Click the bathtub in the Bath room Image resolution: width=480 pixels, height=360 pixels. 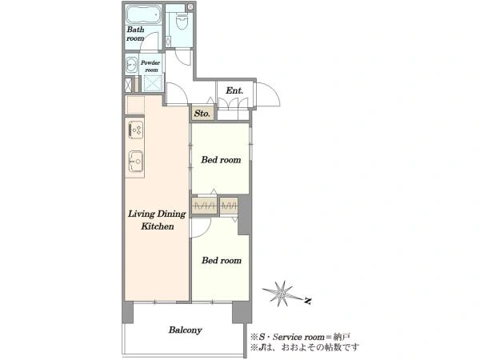click(143, 14)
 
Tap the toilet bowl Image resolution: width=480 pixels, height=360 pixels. click(182, 22)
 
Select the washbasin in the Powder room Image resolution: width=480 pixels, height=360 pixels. click(132, 65)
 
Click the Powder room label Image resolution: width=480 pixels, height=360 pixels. click(150, 66)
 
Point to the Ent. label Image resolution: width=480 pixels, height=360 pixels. click(234, 90)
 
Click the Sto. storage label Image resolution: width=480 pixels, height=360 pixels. click(202, 114)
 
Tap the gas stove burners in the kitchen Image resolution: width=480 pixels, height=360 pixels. click(136, 130)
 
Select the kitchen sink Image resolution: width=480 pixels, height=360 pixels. click(136, 161)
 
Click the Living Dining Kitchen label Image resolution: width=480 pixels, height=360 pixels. click(157, 220)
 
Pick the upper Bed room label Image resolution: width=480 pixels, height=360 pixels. click(221, 160)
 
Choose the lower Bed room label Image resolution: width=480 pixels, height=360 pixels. click(222, 261)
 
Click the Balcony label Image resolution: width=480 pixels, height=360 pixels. click(186, 330)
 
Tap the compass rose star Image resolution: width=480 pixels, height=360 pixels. click(282, 294)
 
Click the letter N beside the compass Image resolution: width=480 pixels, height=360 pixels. click(308, 301)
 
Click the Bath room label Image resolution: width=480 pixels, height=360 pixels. click(135, 34)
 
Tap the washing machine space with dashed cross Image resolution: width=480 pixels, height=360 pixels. click(153, 83)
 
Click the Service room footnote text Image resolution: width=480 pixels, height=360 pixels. click(301, 337)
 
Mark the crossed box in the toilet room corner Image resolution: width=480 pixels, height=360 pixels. click(190, 6)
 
